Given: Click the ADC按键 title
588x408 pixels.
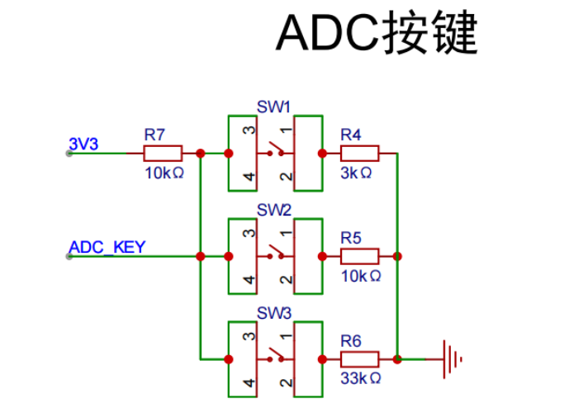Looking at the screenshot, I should pos(377,32).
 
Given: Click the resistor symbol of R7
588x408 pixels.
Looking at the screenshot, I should pos(163,153).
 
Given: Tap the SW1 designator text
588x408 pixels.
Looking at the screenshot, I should pos(273,107).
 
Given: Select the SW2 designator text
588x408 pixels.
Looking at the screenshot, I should pos(273,210).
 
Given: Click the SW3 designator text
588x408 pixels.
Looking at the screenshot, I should pos(273,314).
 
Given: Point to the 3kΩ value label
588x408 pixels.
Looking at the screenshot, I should pos(356,173).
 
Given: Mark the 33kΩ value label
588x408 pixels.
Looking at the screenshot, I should pos(359,379).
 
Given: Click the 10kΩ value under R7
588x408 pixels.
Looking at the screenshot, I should pos(163,173).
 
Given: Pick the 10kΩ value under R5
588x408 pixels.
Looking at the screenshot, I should pos(359,276).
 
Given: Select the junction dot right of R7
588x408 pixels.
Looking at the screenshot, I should pos(200,153).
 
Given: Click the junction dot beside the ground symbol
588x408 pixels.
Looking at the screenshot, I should pos(398,359).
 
